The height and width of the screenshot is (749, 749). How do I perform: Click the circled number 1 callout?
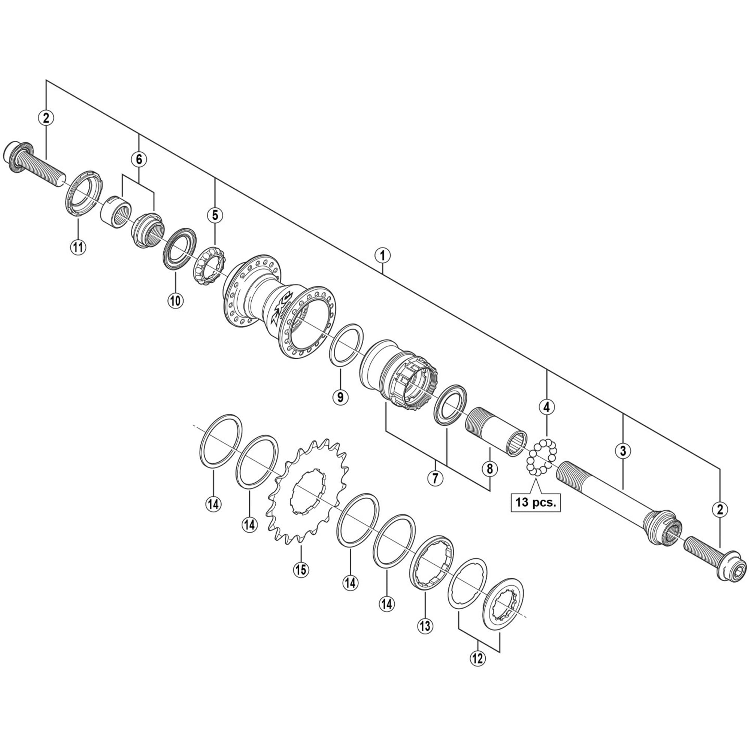[x=382, y=255]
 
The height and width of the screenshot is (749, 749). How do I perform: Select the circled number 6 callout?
[x=139, y=159]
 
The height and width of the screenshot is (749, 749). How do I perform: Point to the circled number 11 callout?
[x=78, y=246]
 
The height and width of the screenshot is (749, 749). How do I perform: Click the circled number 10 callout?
[x=175, y=300]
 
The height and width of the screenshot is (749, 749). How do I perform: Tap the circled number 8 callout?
[x=489, y=468]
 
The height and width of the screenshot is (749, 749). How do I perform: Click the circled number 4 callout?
[x=547, y=407]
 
